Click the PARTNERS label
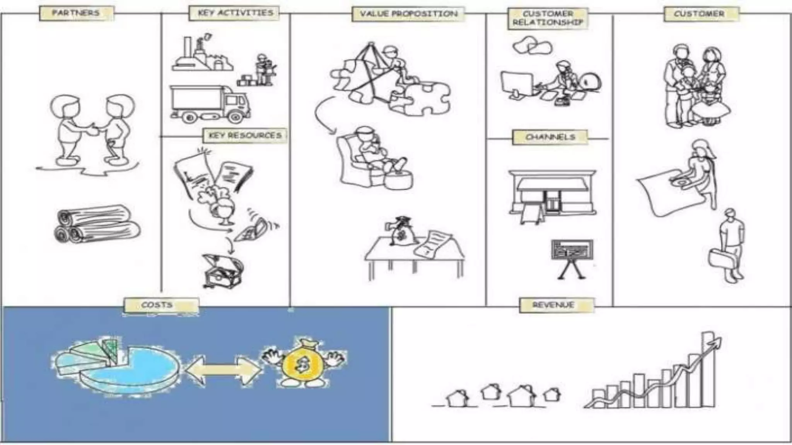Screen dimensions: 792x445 76,13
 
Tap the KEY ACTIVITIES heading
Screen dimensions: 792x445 236,13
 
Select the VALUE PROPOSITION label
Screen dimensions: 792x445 409,14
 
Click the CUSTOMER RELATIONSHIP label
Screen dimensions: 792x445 548,18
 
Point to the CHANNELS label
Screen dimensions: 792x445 550,137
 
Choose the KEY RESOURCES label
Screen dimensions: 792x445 245,136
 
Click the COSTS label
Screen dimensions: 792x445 157,305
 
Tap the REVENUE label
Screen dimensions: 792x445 553,305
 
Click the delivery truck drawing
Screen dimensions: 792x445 210,104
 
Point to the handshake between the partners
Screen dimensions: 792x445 93,129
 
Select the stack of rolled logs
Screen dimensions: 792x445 97,224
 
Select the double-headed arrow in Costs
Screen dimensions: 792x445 223,370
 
